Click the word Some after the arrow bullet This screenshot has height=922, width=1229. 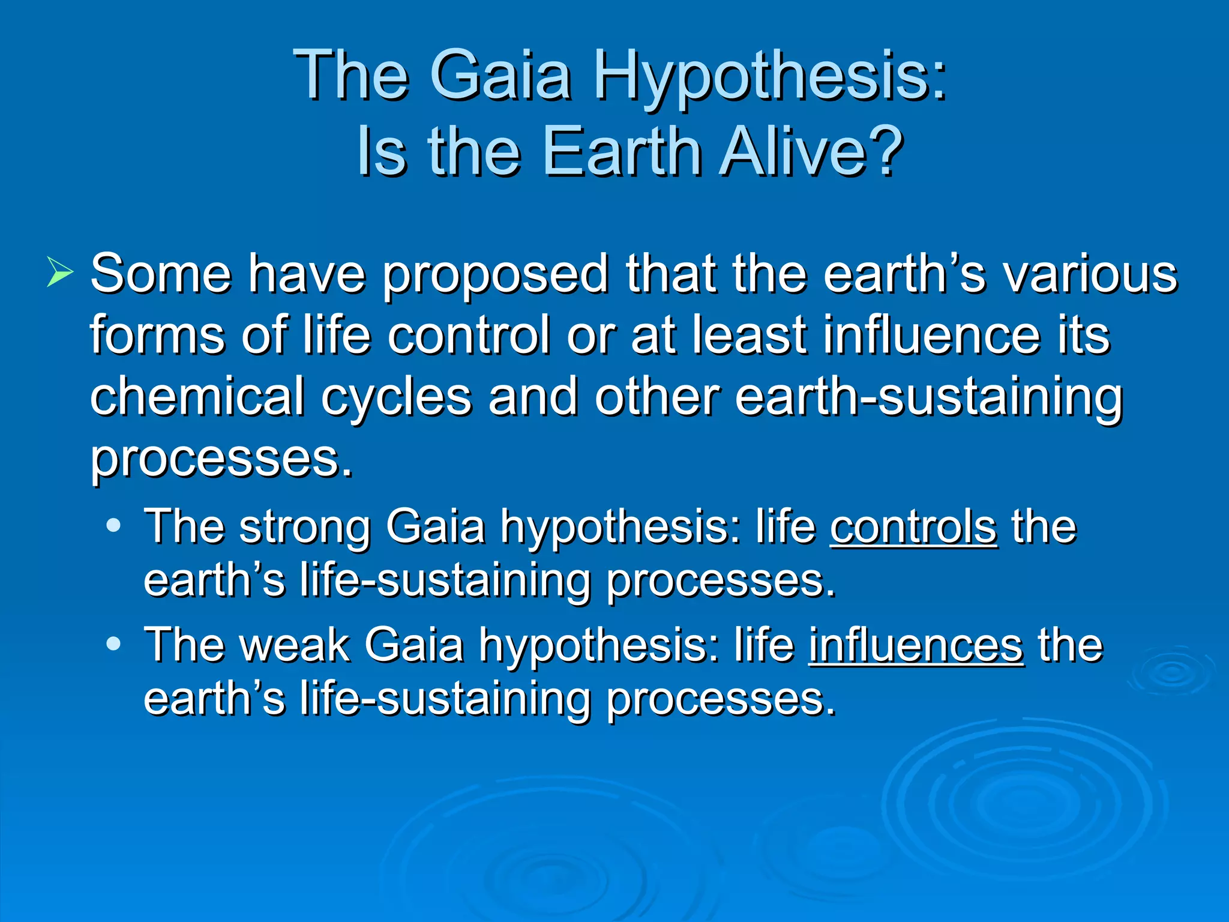pyautogui.click(x=161, y=274)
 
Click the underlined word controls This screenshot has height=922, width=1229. pyautogui.click(x=913, y=526)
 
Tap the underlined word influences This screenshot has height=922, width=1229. pyautogui.click(x=916, y=645)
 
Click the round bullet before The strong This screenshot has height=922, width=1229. pyautogui.click(x=113, y=526)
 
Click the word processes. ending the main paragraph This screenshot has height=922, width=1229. pyautogui.click(x=221, y=459)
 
